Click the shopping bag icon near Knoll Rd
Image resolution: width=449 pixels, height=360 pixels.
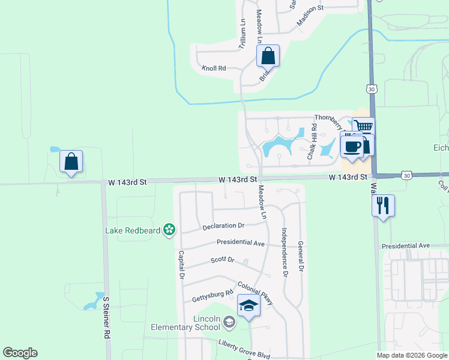(268, 56)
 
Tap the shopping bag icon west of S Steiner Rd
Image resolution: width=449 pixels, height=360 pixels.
(71, 161)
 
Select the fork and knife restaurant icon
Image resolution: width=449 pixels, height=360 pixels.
(383, 206)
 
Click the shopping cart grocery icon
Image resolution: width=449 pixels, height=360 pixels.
(363, 127)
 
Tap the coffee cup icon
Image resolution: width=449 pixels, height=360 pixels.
(352, 146)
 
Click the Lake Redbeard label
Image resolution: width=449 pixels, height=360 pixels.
(133, 230)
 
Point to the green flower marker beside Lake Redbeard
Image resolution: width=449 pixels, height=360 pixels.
(170, 229)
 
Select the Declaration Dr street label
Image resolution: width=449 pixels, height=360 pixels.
(223, 226)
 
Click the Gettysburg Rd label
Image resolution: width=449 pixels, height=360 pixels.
(212, 296)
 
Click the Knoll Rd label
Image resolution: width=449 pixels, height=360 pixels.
(214, 68)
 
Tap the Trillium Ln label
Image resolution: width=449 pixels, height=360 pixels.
(243, 34)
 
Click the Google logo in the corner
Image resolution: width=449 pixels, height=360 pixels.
(20, 353)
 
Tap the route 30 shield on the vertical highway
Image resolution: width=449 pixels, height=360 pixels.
(372, 88)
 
